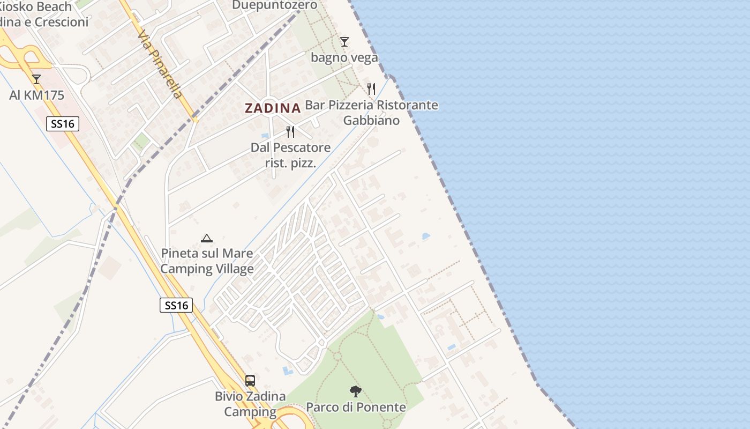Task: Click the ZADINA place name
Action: (x=272, y=108)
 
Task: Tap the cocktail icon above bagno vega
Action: (x=344, y=41)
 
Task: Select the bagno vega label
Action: (x=344, y=57)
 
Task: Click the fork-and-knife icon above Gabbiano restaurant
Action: (x=371, y=88)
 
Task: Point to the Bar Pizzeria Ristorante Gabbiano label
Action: (x=371, y=113)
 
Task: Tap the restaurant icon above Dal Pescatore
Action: (x=290, y=131)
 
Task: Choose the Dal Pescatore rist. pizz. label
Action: (x=290, y=154)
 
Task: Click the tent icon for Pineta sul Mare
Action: (x=207, y=238)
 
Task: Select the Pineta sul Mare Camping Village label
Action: (x=207, y=261)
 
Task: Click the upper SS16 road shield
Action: (x=62, y=124)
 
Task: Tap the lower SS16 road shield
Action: (x=176, y=305)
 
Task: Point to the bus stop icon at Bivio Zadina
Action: (x=250, y=380)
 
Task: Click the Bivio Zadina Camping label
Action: (x=250, y=404)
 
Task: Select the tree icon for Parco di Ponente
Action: (x=355, y=391)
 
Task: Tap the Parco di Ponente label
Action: (x=356, y=407)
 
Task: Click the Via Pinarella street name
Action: (x=160, y=64)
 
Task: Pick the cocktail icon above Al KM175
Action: (x=36, y=79)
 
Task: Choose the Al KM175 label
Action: (x=36, y=95)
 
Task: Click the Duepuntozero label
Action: (x=274, y=5)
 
